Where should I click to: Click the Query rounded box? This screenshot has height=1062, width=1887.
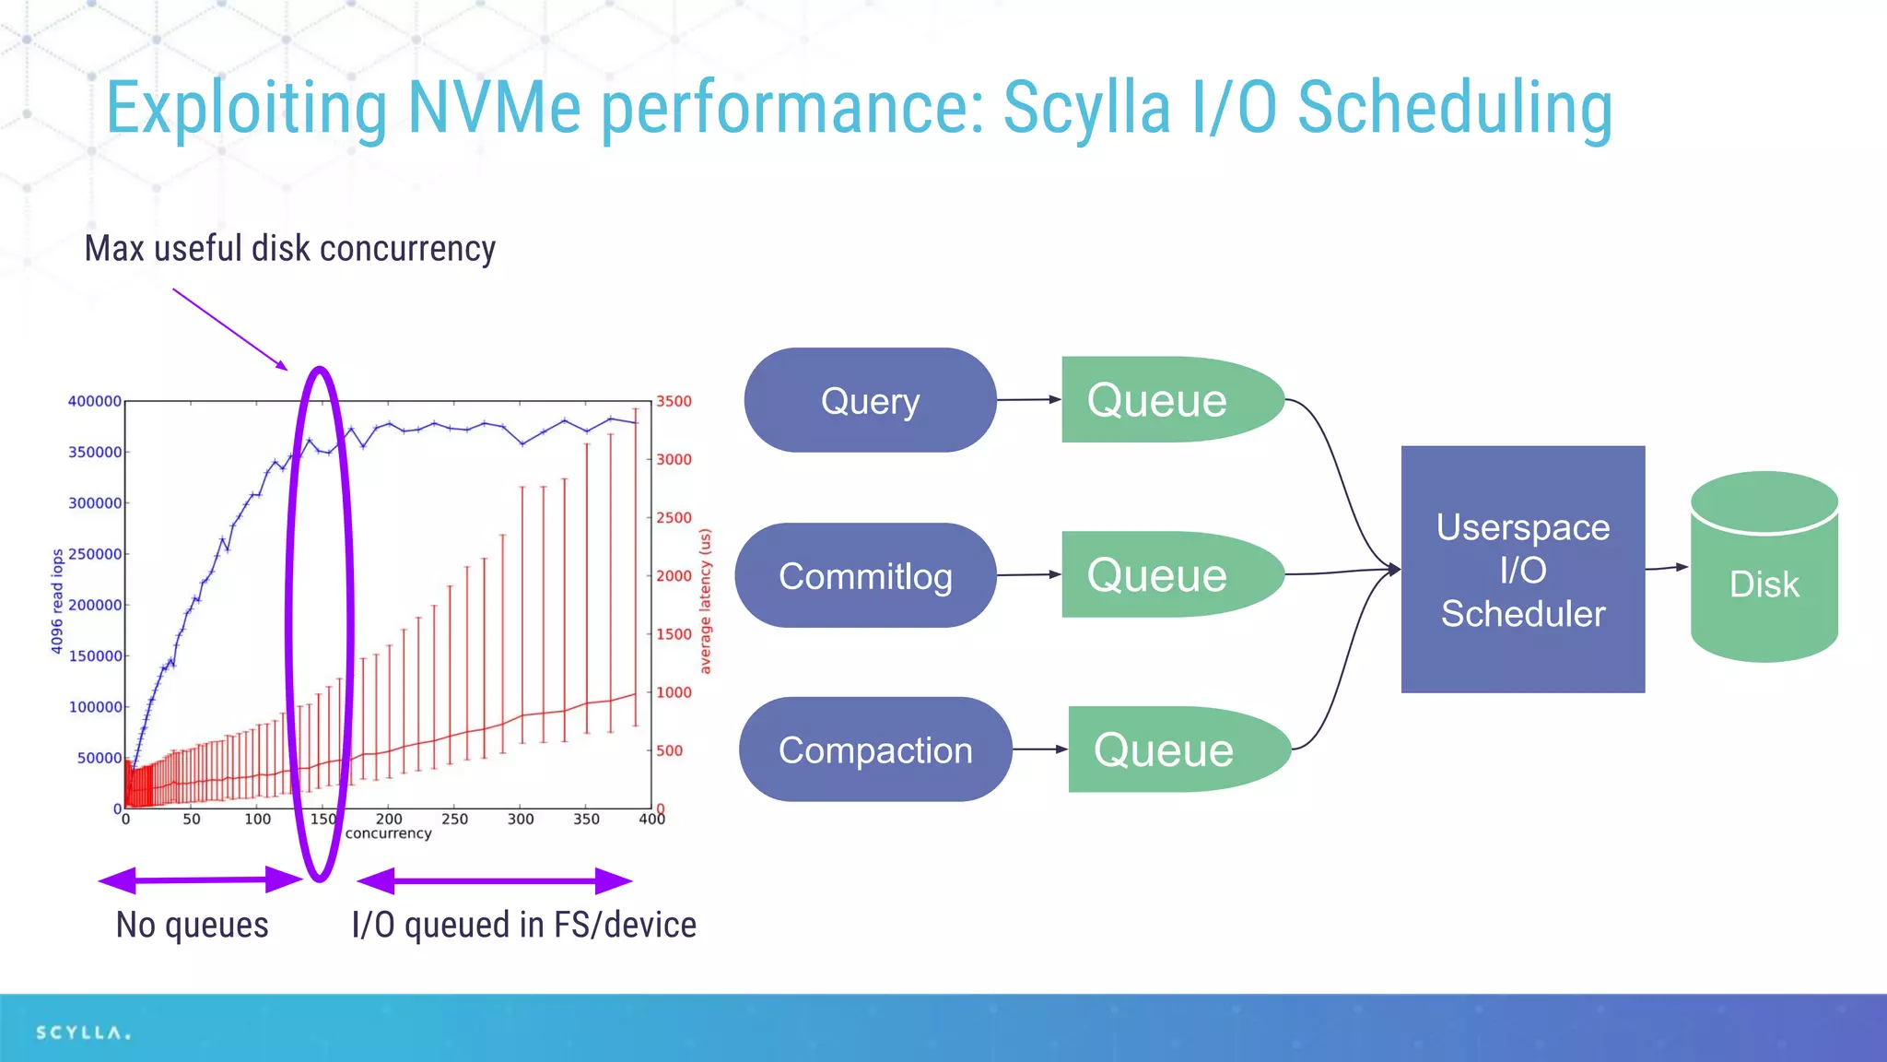870,400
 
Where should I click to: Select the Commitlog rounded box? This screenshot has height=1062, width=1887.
865,575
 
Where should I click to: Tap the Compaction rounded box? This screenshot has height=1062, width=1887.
874,749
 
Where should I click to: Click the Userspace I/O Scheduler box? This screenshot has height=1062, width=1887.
1522,570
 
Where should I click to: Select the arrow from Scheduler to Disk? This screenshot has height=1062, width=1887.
1666,568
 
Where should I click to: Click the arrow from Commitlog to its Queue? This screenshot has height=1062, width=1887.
1028,574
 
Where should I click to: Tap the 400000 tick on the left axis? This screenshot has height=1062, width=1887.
94,401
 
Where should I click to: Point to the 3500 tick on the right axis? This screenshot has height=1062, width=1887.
674,401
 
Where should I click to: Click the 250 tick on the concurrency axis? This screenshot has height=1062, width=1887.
454,819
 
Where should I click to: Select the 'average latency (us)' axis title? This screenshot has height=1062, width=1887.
706,601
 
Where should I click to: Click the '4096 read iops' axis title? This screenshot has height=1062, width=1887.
57,601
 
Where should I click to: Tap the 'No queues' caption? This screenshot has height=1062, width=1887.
192,925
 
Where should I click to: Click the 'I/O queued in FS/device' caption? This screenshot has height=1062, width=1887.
523,925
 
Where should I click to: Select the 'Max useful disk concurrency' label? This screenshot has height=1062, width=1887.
289,249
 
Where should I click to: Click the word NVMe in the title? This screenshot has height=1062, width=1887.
494,108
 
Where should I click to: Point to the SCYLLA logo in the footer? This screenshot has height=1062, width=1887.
83,1032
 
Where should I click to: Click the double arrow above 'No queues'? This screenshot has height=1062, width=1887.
200,880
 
